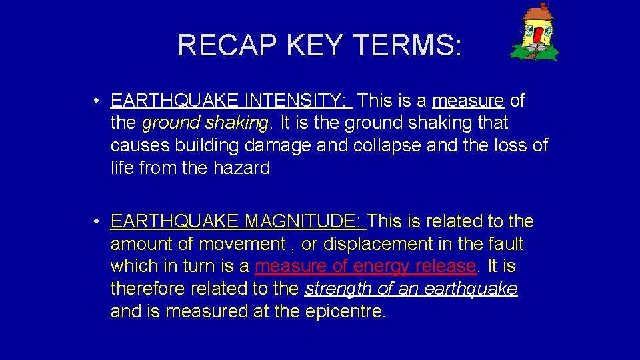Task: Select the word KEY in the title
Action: coord(315,45)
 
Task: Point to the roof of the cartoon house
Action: coord(537,13)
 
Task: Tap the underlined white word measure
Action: coord(468,101)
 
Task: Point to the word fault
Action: coord(505,244)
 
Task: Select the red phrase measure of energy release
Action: coord(365,267)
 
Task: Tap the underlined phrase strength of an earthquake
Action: coord(411,289)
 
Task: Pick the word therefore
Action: coord(148,289)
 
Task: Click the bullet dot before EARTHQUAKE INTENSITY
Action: coord(97,101)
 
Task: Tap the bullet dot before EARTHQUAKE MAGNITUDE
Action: coord(97,222)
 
